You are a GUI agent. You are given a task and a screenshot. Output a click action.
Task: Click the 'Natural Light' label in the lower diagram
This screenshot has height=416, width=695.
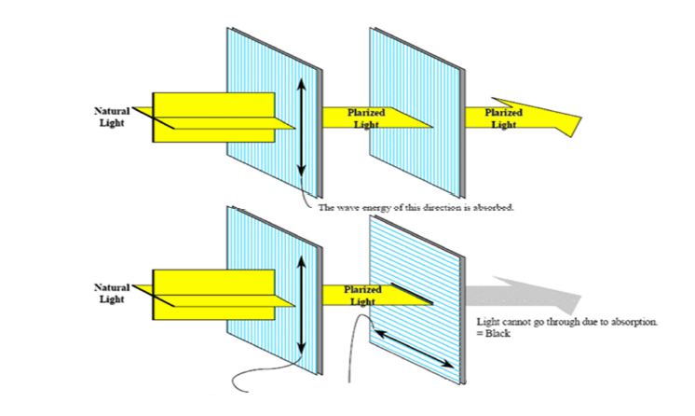tap(113, 292)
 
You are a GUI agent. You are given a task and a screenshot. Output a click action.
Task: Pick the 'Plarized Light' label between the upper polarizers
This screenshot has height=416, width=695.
tap(365, 118)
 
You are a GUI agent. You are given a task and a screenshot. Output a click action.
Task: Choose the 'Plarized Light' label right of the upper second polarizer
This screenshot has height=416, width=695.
tap(504, 118)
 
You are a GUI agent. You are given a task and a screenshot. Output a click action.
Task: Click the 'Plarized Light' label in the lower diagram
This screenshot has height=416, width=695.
tap(362, 295)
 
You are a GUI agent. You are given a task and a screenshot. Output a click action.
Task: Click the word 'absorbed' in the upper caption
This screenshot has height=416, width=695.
tap(494, 208)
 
